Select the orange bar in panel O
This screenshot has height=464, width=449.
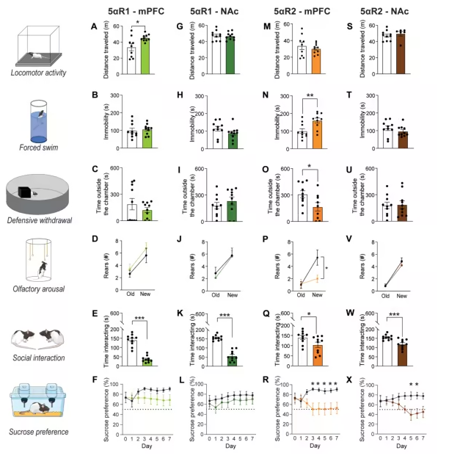click(317, 214)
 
